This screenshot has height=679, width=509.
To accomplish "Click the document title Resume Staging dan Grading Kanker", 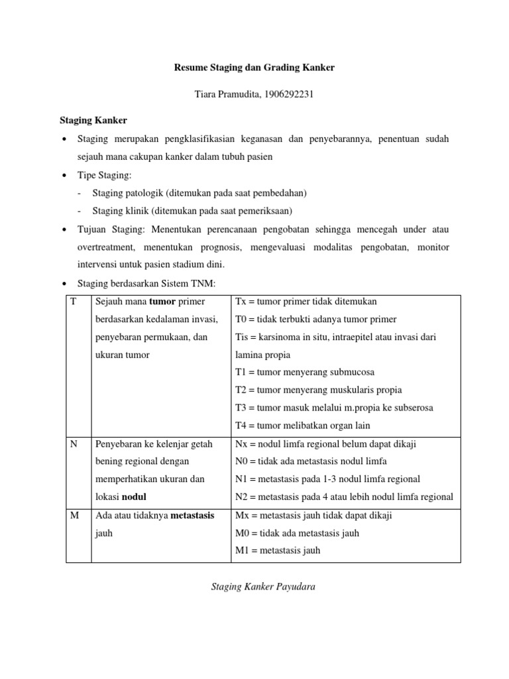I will [254, 68].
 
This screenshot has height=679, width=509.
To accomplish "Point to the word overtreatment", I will [106, 247].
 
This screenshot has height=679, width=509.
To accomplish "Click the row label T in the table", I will [73, 301].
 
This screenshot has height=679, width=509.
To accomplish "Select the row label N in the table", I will [74, 444].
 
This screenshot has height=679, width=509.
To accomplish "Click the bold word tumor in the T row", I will [162, 301].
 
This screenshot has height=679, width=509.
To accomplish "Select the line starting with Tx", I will [306, 301].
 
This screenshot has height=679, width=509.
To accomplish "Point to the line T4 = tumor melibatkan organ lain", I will [302, 425].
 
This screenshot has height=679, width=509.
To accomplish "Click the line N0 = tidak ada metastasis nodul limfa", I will [311, 461].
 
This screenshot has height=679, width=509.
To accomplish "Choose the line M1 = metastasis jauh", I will [278, 550].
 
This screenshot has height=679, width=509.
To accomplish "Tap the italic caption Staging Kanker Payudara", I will [263, 586].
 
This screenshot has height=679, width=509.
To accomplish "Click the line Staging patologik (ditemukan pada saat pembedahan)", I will [199, 193].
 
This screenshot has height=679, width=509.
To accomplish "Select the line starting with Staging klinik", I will [192, 211].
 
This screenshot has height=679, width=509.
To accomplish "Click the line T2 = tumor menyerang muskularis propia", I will [318, 390].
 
